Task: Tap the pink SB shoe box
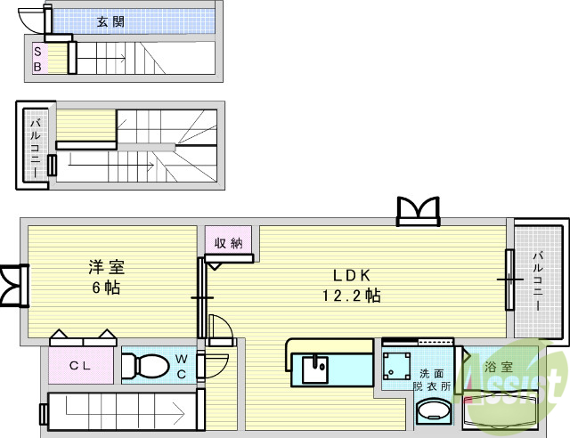click(x=37, y=58)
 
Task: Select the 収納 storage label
click(x=229, y=242)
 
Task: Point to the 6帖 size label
click(x=105, y=288)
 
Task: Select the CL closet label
click(x=80, y=365)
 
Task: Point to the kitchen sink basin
click(x=315, y=368)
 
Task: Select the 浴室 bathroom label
click(x=496, y=366)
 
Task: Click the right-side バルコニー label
click(x=538, y=280)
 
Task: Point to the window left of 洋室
click(x=13, y=287)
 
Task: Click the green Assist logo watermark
click(x=525, y=392)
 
